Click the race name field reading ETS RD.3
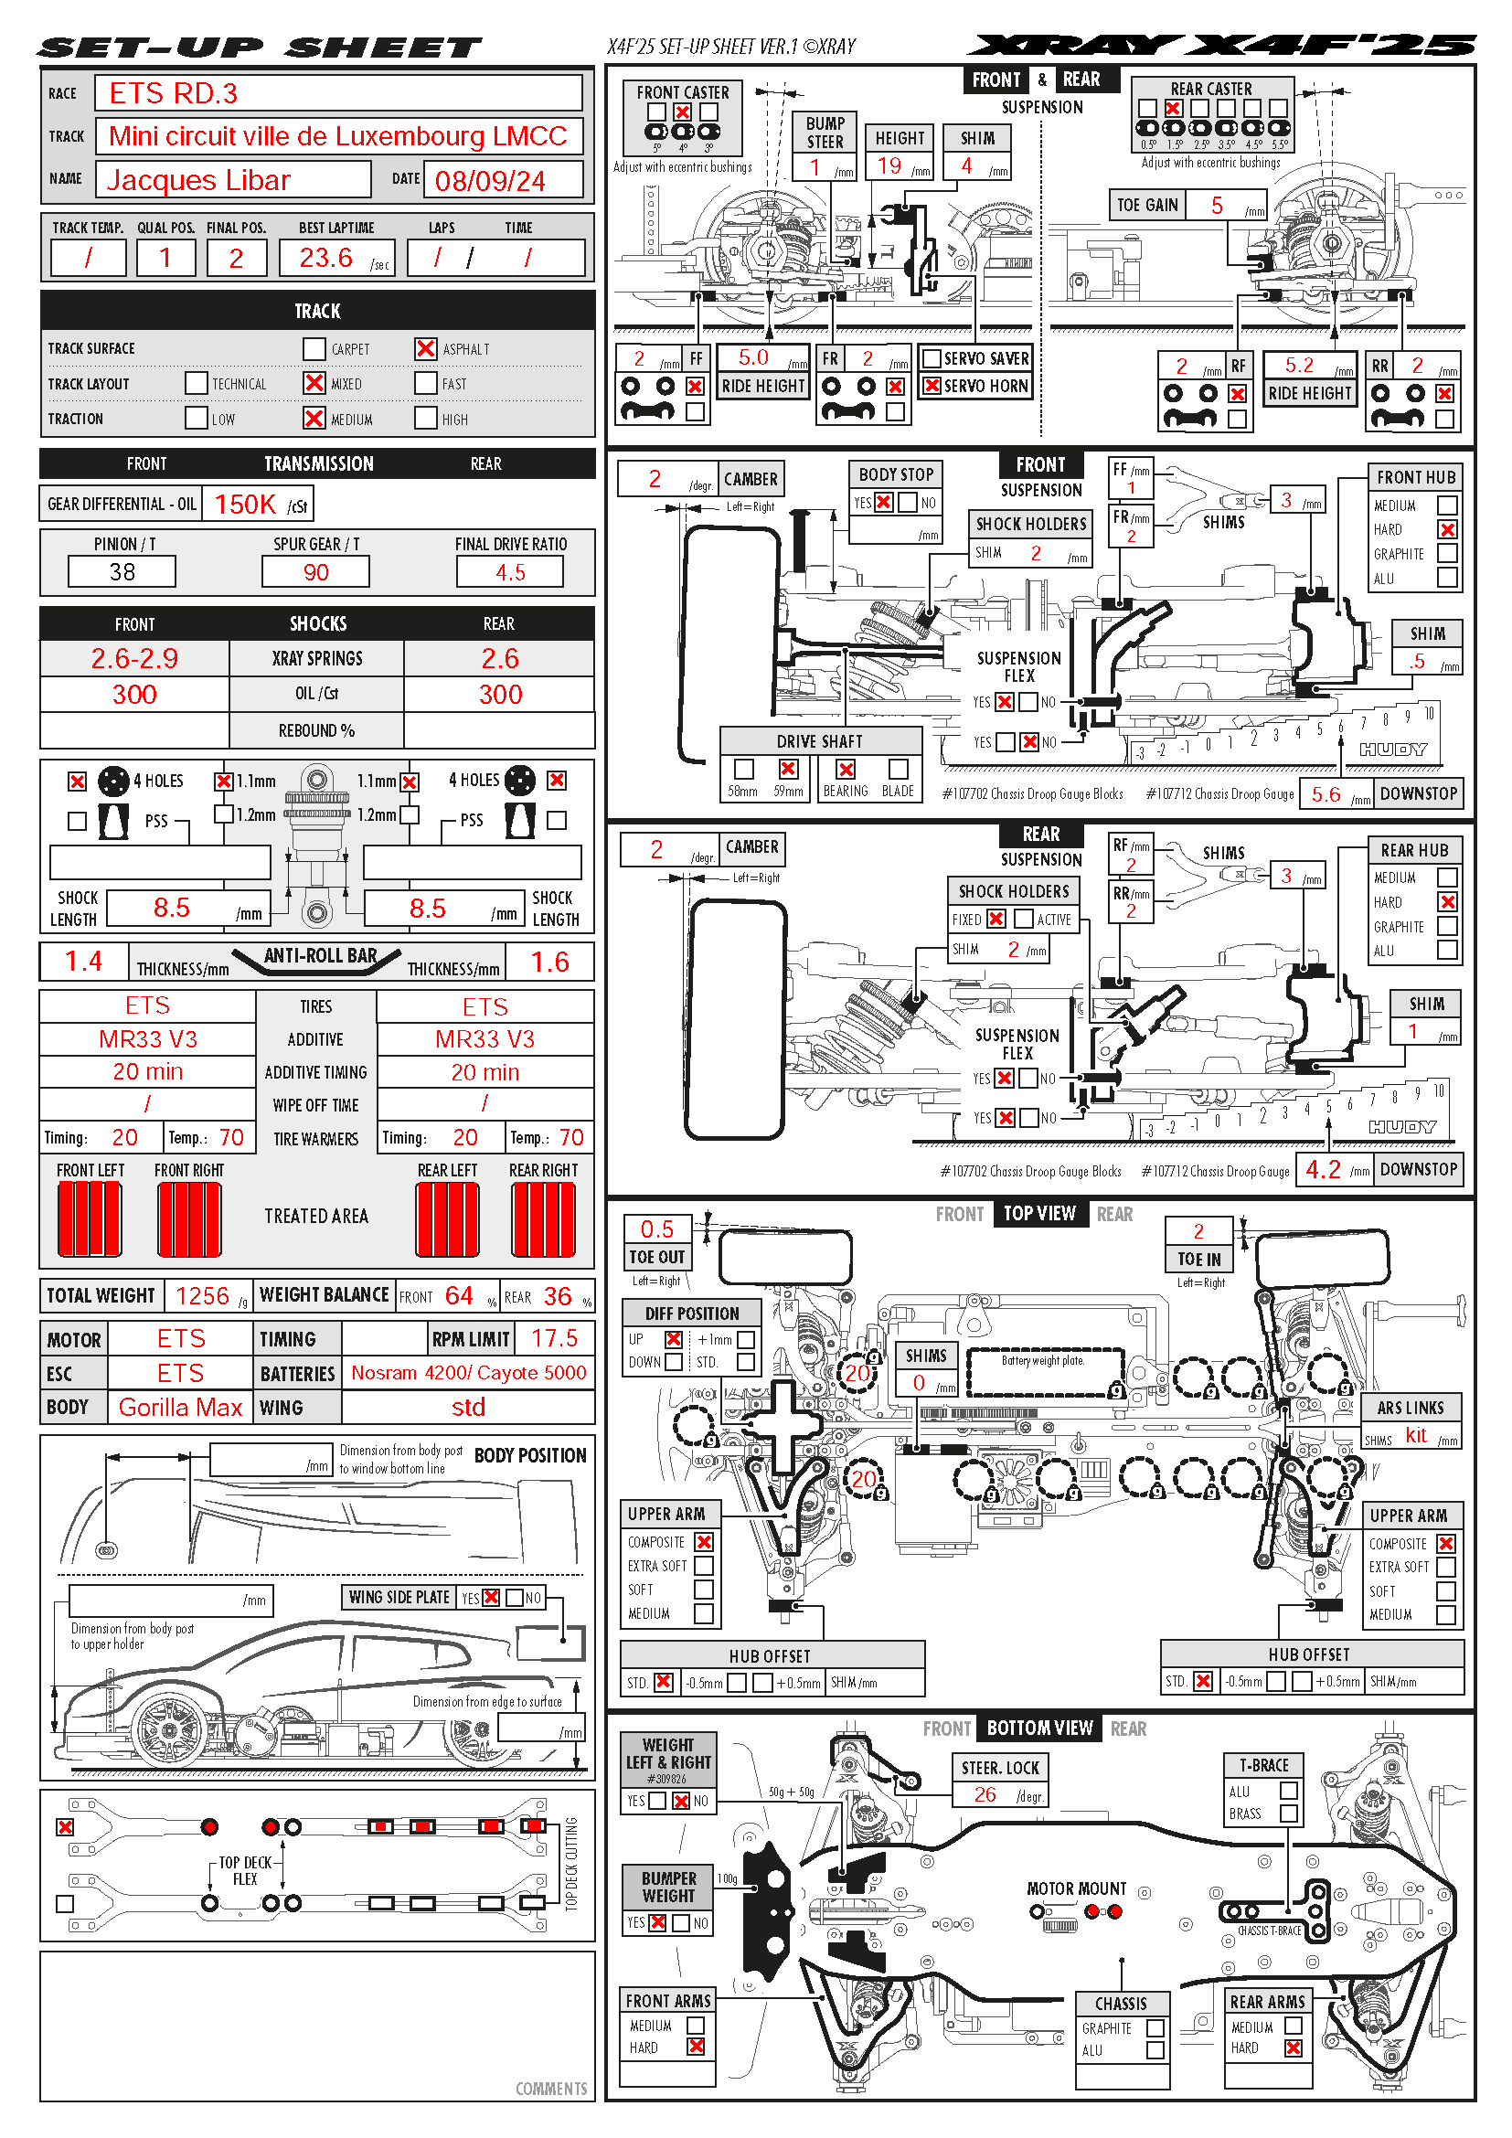[x=338, y=93]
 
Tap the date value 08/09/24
[x=491, y=181]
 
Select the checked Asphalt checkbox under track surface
[x=425, y=348]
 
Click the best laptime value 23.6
[x=325, y=257]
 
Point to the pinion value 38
[x=122, y=571]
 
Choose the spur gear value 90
[x=315, y=571]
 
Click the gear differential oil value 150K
[x=246, y=505]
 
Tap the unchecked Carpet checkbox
[x=314, y=348]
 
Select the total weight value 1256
[x=202, y=1295]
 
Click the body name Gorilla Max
[x=180, y=1407]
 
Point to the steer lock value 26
[x=985, y=1795]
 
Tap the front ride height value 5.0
[x=753, y=357]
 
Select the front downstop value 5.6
[x=1326, y=794]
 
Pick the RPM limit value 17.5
[x=554, y=1338]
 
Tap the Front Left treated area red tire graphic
[x=90, y=1219]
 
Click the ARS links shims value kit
[x=1415, y=1435]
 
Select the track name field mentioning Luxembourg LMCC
[x=338, y=136]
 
